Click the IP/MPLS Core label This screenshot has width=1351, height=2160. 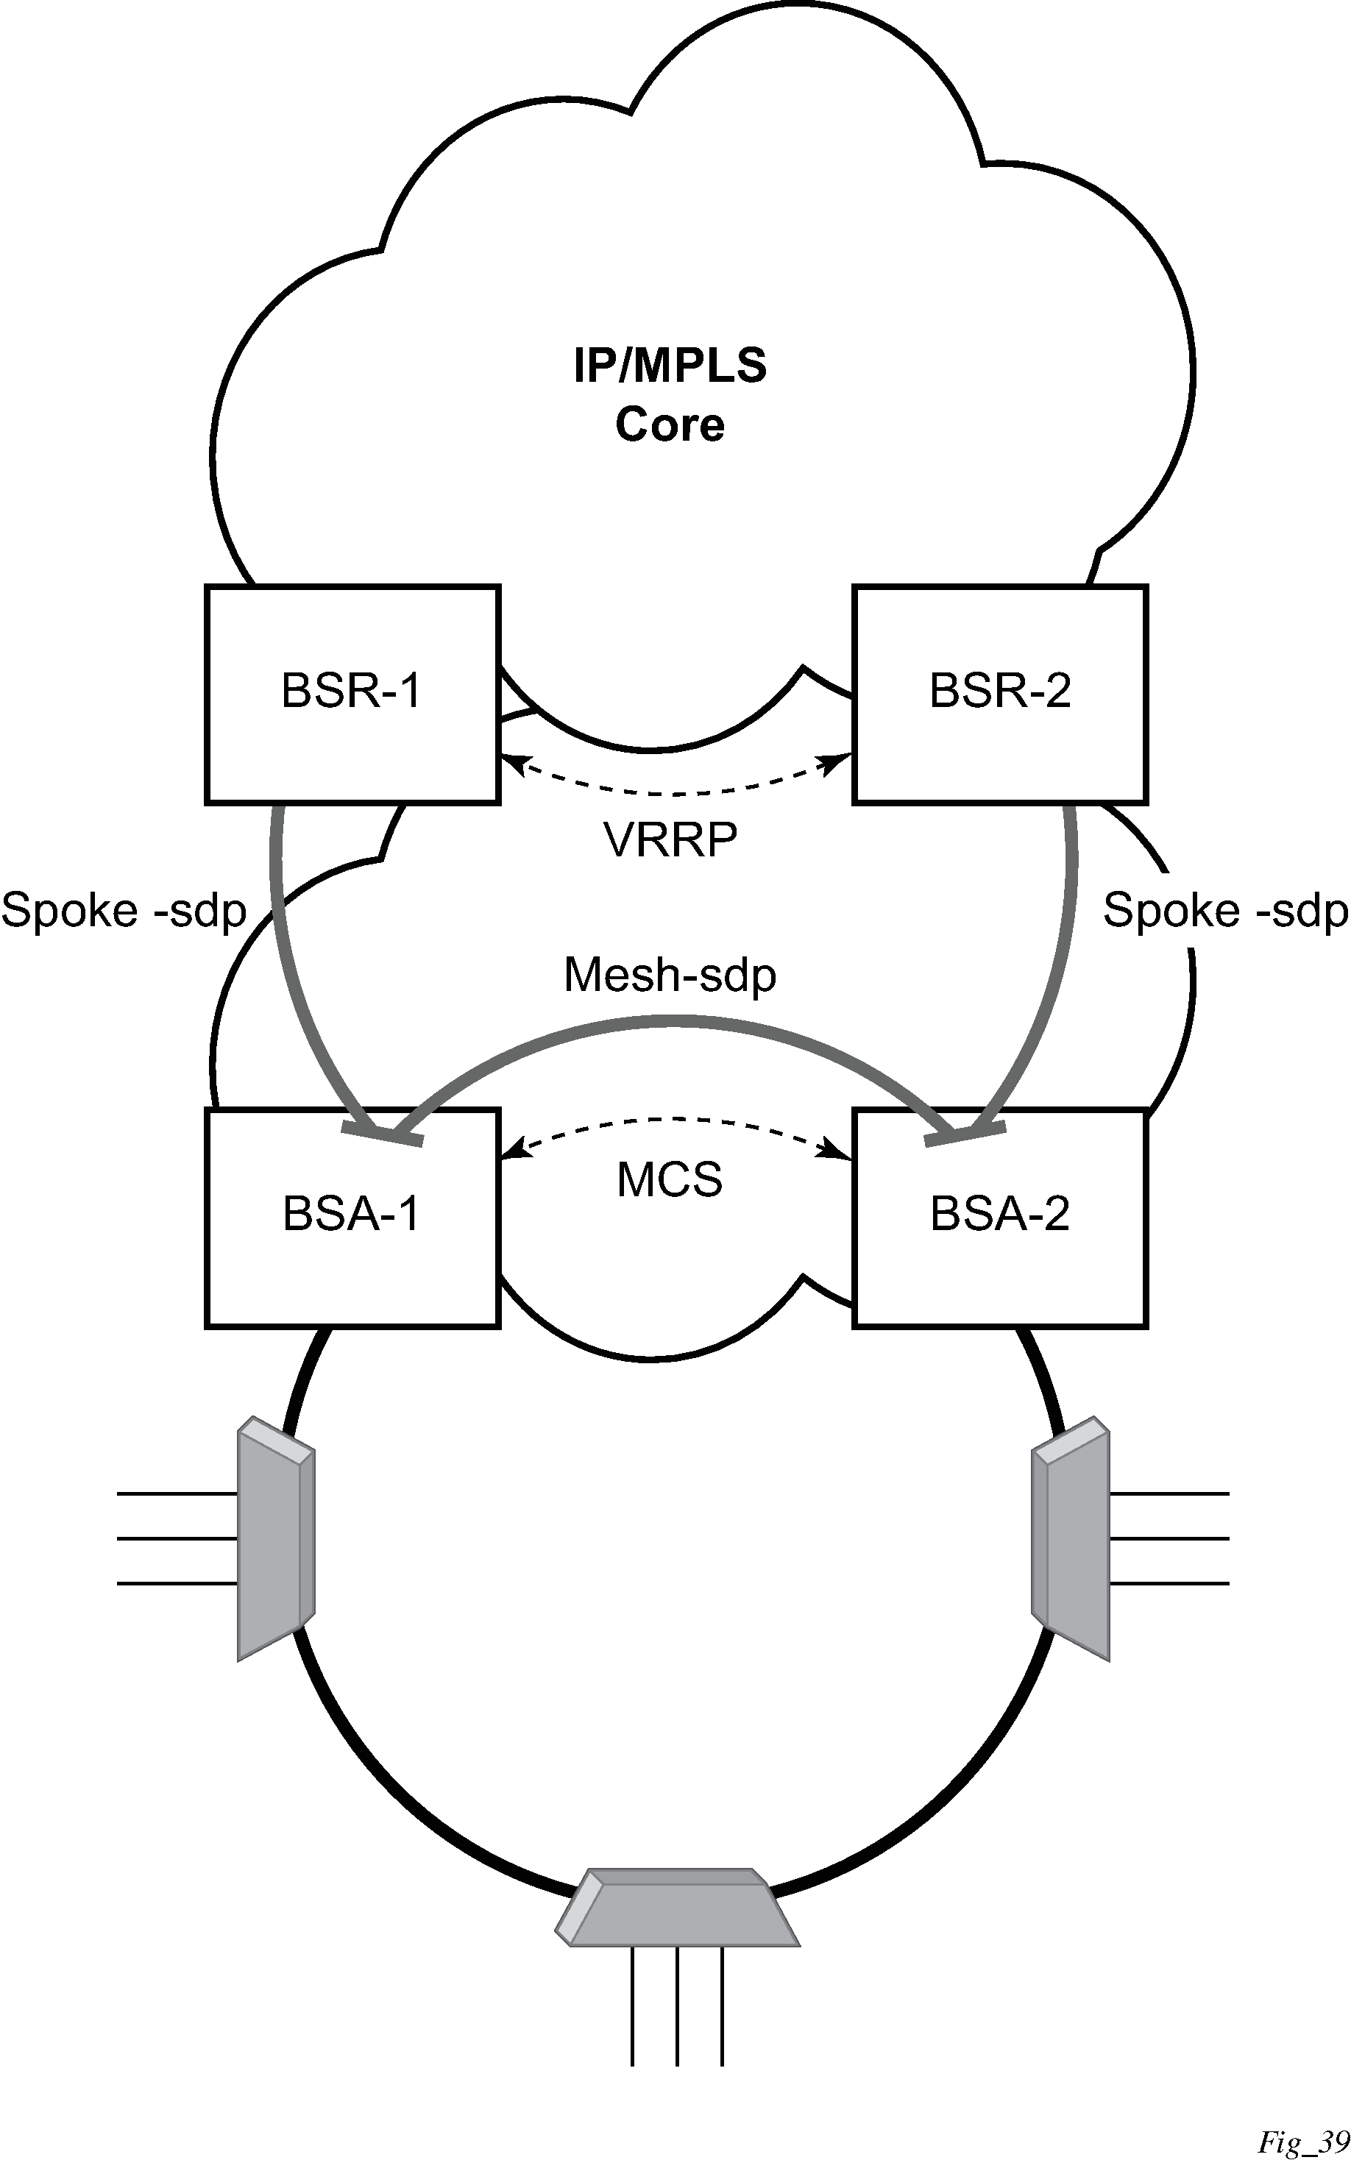click(670, 394)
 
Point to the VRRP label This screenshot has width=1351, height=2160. click(670, 839)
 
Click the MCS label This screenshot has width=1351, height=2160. click(670, 1180)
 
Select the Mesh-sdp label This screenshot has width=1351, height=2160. click(670, 975)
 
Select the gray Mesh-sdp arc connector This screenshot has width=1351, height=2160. click(670, 1018)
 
